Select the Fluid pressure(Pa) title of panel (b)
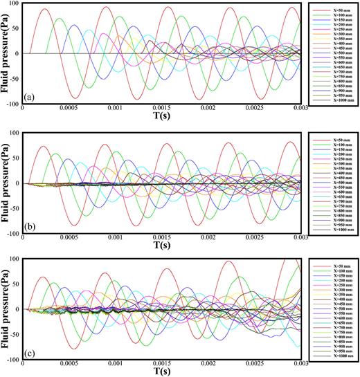click(6, 183)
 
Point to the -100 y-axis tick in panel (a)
click(12, 104)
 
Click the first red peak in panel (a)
click(46, 10)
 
